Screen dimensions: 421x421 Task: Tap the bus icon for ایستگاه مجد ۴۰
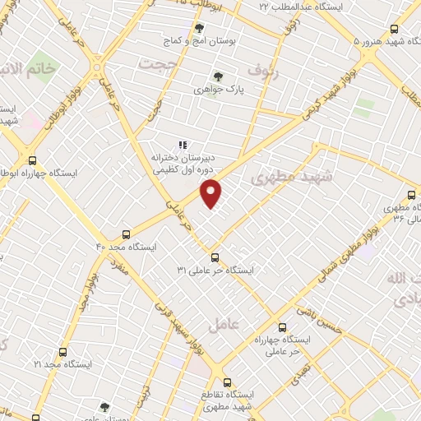click(x=126, y=234)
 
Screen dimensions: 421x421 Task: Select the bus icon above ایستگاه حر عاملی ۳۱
click(x=215, y=257)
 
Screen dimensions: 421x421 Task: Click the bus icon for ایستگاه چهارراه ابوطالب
click(x=32, y=161)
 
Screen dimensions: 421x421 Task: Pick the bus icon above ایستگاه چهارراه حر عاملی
click(x=283, y=326)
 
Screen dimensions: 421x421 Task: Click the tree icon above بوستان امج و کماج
click(x=199, y=28)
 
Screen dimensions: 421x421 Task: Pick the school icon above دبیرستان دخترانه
click(x=183, y=145)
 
